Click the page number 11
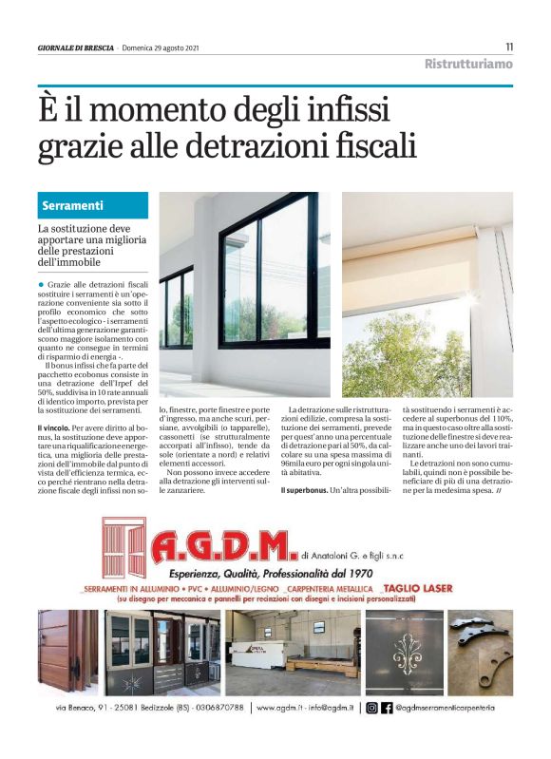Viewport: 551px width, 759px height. click(509, 47)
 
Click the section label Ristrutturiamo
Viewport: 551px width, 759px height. click(468, 65)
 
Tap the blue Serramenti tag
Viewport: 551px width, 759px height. click(93, 205)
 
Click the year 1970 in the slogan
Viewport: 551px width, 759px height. click(357, 573)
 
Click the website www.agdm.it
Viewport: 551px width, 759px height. click(282, 708)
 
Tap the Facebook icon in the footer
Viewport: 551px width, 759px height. click(387, 708)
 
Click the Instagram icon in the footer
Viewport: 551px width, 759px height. click(371, 708)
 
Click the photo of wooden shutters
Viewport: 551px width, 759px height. click(67, 652)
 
